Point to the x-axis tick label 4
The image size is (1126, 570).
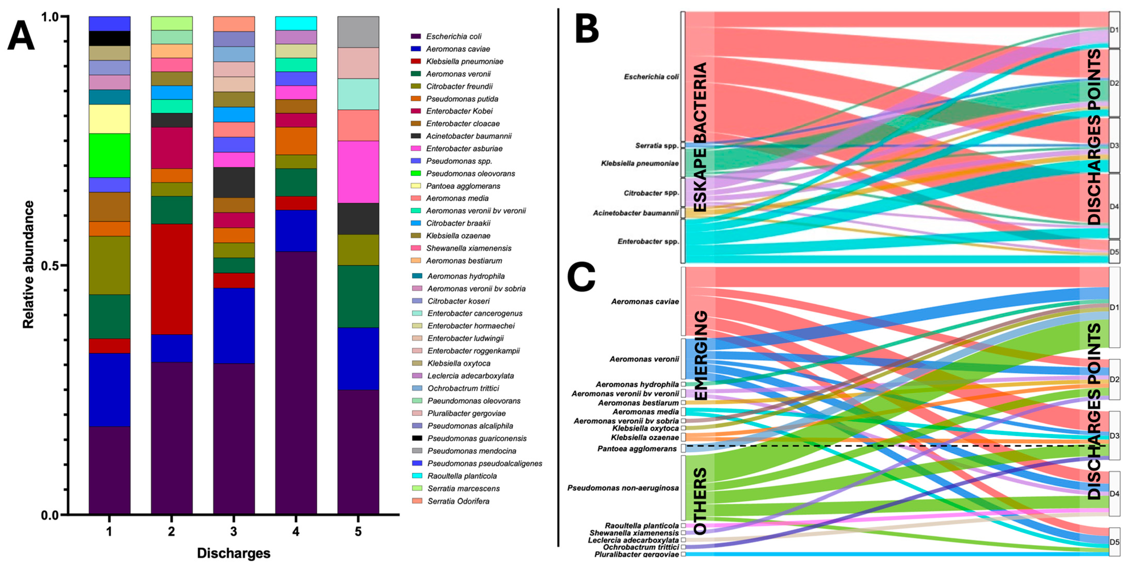point(296,531)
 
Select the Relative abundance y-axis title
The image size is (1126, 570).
point(28,265)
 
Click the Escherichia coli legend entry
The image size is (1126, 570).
point(453,36)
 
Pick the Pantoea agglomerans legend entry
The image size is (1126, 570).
point(463,186)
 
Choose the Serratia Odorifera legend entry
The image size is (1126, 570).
point(458,501)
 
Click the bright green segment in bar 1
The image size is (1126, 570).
point(109,155)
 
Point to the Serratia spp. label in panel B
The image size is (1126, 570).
point(657,146)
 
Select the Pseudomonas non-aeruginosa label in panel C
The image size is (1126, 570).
point(623,488)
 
